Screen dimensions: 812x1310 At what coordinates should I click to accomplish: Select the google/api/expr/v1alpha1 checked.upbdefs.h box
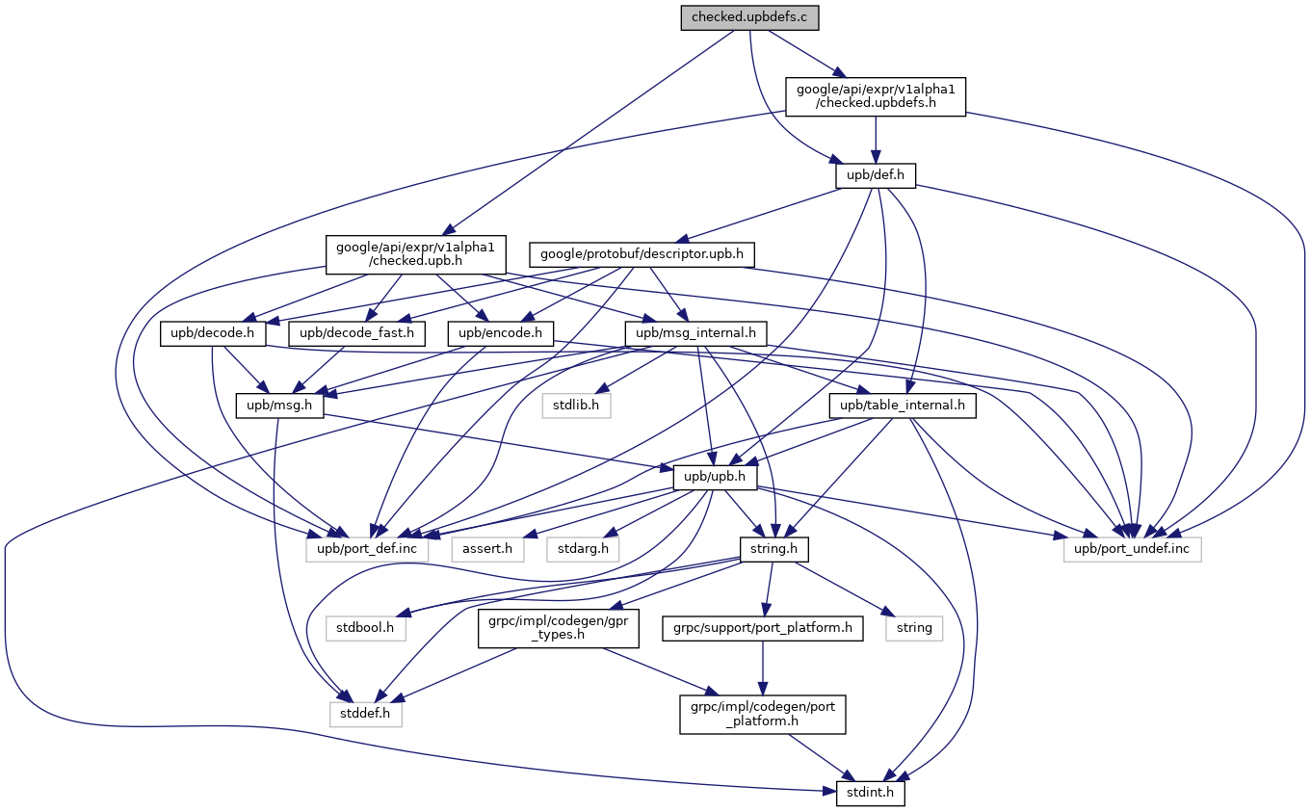[875, 96]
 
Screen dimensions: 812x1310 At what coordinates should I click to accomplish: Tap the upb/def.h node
[875, 176]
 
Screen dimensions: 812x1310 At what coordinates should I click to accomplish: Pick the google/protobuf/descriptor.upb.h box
[642, 254]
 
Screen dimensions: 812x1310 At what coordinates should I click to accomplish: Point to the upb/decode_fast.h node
[357, 334]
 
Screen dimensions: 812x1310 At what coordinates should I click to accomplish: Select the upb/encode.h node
[497, 334]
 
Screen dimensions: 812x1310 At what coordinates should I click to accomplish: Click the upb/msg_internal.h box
[694, 334]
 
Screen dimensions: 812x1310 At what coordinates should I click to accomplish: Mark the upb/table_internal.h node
[902, 406]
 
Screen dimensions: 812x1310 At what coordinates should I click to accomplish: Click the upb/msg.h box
[280, 406]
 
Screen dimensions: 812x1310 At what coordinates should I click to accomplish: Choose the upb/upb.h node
[716, 477]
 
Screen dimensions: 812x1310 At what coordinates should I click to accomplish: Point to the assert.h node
[487, 549]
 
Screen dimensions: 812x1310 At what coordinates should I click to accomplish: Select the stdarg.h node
[583, 549]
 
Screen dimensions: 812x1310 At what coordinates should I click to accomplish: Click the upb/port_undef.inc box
[1132, 549]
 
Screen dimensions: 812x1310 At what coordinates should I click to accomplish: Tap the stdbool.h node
[365, 628]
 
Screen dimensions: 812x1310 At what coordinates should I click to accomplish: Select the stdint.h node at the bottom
[863, 795]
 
